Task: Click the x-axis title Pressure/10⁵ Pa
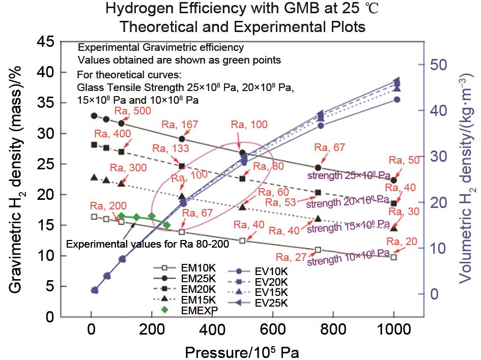pos(242,352)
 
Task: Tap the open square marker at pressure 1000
pos(393,257)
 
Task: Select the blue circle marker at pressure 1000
pos(397,100)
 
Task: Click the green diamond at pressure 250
pos(166,225)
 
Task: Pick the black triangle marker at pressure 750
pos(318,219)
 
